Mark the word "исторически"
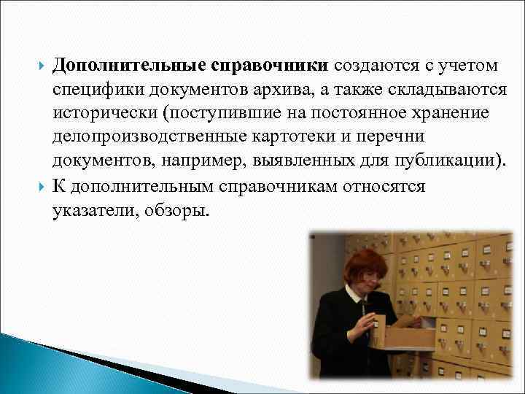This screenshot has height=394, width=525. tap(103, 114)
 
